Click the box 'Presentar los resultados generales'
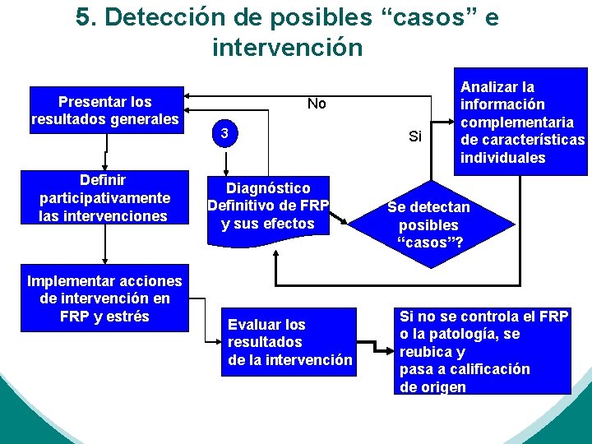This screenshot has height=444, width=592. pyautogui.click(x=104, y=111)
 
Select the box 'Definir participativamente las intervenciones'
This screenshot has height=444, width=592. pyautogui.click(x=104, y=197)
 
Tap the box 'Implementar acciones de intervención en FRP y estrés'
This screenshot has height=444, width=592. pyautogui.click(x=104, y=298)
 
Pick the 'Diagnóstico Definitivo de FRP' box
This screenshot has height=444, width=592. pyautogui.click(x=268, y=206)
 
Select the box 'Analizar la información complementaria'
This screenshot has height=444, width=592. pyautogui.click(x=521, y=122)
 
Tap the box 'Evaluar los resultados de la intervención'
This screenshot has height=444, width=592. pyautogui.click(x=289, y=342)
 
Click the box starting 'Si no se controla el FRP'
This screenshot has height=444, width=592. pyautogui.click(x=483, y=351)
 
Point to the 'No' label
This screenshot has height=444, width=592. pyautogui.click(x=317, y=104)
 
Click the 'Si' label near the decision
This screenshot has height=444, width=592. pyautogui.click(x=415, y=136)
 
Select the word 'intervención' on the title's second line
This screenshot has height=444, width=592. pyautogui.click(x=287, y=48)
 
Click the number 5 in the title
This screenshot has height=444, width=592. pyautogui.click(x=84, y=18)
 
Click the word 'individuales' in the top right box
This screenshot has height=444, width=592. pyautogui.click(x=503, y=158)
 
